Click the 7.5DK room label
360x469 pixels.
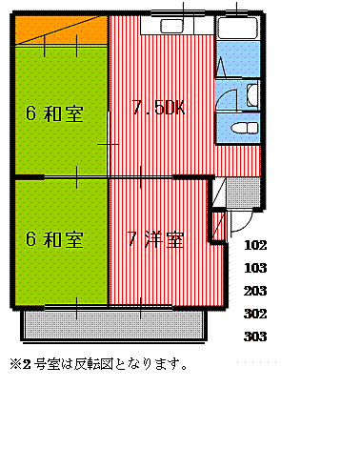pyautogui.click(x=158, y=108)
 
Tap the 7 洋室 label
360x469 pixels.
pyautogui.click(x=155, y=239)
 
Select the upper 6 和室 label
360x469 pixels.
pyautogui.click(x=53, y=114)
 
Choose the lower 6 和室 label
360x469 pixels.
pyautogui.click(x=53, y=239)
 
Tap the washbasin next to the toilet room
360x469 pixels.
pyautogui.click(x=251, y=94)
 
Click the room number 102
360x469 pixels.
pyautogui.click(x=255, y=244)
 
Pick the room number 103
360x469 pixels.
pyautogui.click(x=255, y=268)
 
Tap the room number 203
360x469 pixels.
pyautogui.click(x=255, y=291)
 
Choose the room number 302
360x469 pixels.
pyautogui.click(x=255, y=314)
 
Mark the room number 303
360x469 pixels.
pyautogui.click(x=255, y=336)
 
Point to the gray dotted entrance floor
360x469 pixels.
pyautogui.click(x=243, y=194)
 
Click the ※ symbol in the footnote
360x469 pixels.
pyautogui.click(x=15, y=364)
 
